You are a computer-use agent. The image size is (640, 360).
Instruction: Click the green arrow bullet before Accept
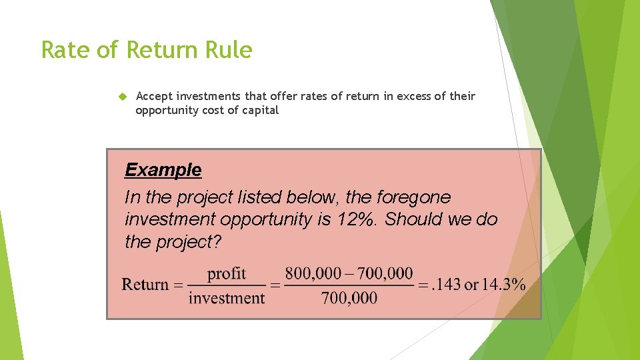(x=121, y=97)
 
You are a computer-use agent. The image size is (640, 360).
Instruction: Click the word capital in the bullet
(x=261, y=111)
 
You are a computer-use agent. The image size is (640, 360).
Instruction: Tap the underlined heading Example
(x=163, y=170)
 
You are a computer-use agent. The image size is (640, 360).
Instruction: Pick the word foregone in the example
(x=413, y=197)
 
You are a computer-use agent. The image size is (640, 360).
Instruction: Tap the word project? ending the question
(x=189, y=242)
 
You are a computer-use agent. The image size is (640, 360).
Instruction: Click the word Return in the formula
(x=145, y=285)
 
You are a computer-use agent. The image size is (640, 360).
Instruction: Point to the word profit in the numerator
(x=227, y=273)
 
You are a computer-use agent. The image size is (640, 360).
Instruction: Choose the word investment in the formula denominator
(x=227, y=297)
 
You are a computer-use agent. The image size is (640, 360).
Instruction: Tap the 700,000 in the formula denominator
(x=349, y=297)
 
